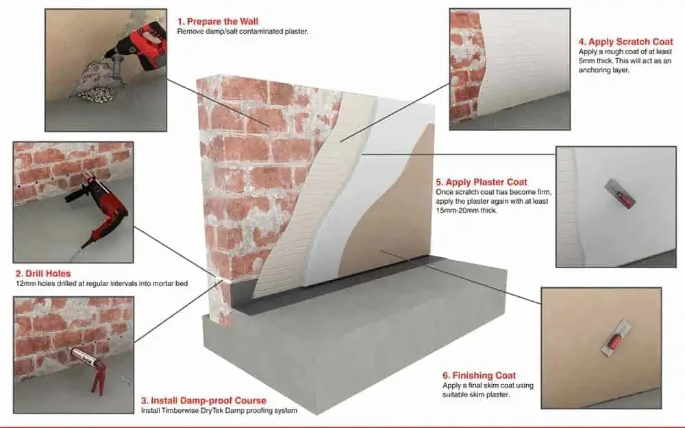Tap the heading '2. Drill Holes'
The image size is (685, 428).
[x=42, y=274]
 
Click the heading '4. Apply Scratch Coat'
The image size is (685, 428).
[x=625, y=41]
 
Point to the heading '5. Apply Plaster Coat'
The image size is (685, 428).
[x=482, y=182]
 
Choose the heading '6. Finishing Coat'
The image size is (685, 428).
[x=479, y=375]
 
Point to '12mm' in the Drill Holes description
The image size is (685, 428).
[x=23, y=283]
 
